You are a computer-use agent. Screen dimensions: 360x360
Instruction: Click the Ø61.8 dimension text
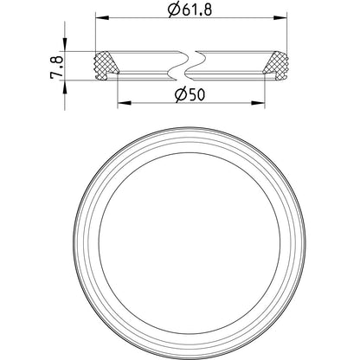tap(190, 10)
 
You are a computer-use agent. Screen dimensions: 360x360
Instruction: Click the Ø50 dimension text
tap(190, 94)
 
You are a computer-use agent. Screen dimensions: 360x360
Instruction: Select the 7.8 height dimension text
tap(56, 67)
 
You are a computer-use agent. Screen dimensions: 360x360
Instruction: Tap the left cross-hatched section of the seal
tap(106, 66)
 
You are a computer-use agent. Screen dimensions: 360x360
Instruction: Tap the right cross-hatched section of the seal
tap(275, 66)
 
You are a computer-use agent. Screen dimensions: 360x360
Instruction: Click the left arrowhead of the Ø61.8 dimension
tap(102, 18)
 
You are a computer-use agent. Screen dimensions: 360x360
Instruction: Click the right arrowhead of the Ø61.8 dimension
tap(280, 18)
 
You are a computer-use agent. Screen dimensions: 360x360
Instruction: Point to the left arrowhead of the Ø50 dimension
tap(125, 103)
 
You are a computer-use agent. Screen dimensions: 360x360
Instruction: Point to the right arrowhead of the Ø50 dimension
tap(258, 103)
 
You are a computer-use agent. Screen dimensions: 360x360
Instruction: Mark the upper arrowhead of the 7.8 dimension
tap(65, 44)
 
